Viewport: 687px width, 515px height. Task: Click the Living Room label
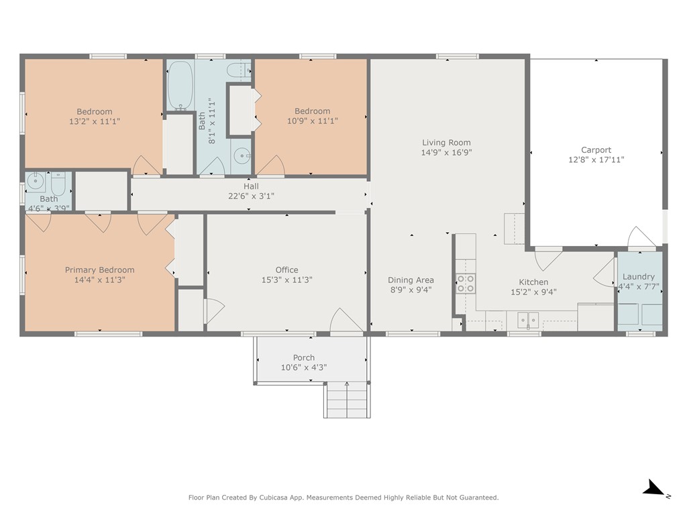pos(446,142)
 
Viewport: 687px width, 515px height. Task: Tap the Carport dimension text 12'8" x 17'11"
pos(596,160)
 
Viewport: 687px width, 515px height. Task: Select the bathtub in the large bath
pos(180,85)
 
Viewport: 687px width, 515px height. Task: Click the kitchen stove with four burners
pos(466,284)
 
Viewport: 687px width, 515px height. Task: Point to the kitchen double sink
pos(528,320)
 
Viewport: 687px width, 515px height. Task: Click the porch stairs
pos(347,400)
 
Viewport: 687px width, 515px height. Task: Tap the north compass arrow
pos(656,488)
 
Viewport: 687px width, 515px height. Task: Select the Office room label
pos(287,270)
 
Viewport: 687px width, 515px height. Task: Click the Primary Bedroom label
pos(100,270)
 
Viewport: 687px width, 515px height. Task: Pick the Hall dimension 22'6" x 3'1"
pos(251,196)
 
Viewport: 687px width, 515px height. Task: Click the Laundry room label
pos(639,277)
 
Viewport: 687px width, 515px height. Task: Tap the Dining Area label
pos(411,280)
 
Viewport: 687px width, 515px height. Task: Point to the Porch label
pos(304,358)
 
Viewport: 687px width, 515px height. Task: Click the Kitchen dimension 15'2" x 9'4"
pos(533,292)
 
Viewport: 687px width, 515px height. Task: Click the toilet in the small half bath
pos(58,184)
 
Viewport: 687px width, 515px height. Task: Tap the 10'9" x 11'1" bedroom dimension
pos(313,121)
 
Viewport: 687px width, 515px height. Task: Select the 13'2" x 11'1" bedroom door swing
pos(147,166)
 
